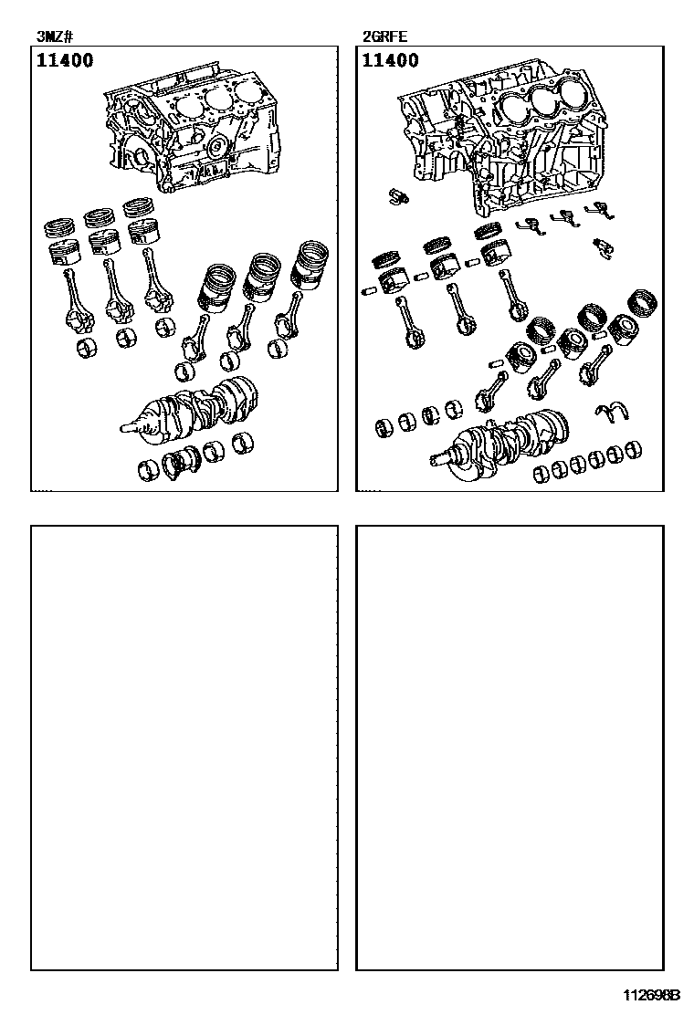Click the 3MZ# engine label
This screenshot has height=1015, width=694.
[x=55, y=37]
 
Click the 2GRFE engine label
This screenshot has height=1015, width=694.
[x=385, y=37]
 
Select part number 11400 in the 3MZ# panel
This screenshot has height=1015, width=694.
[x=65, y=60]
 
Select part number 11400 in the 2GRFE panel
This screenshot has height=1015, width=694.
[x=391, y=60]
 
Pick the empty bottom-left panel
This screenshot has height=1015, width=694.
[x=184, y=748]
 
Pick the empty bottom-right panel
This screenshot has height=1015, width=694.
[x=510, y=748]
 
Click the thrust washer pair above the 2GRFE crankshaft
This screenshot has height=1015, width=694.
[x=614, y=413]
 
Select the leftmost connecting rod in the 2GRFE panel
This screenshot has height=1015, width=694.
[x=409, y=323]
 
